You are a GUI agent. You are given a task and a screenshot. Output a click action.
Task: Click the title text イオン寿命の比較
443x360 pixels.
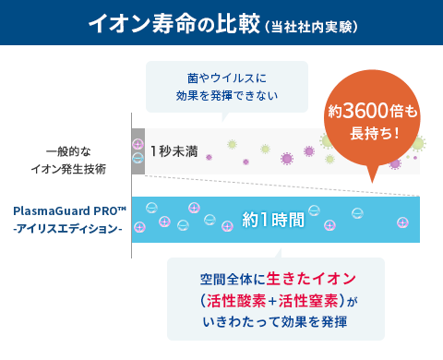tap(174, 23)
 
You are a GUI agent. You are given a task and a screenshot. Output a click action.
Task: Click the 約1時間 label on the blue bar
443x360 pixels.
tap(273, 220)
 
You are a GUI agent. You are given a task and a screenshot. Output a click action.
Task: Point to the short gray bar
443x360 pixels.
tap(138, 150)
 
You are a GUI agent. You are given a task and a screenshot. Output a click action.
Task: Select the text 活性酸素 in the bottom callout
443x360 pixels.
tap(235, 300)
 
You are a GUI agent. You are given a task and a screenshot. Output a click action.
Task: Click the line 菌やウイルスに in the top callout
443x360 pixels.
tap(226, 78)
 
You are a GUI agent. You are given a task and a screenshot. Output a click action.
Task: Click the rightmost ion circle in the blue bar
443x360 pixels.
tap(402, 222)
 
